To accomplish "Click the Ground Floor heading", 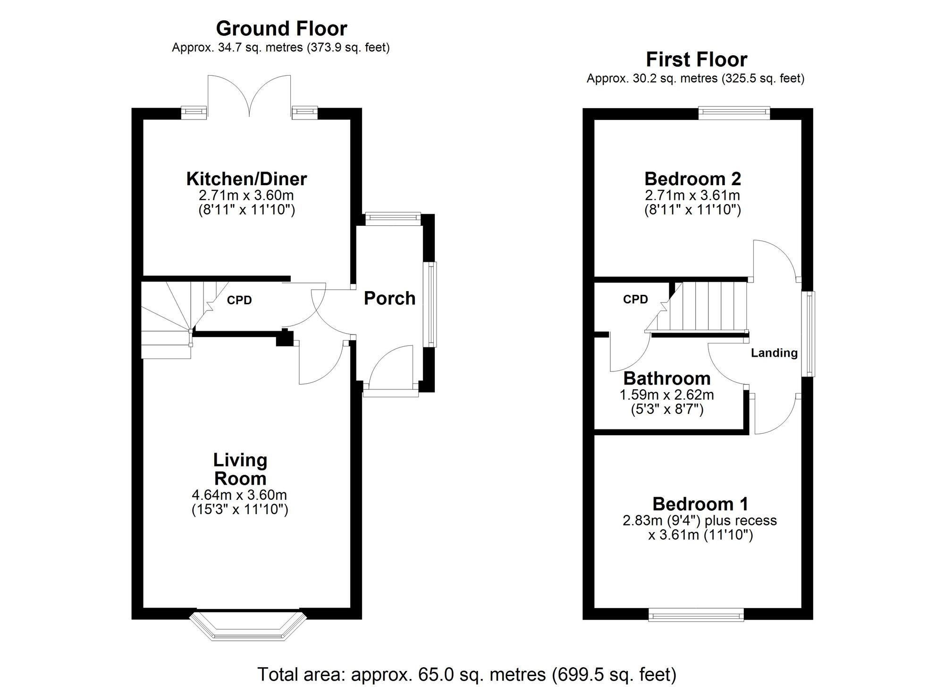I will click(x=281, y=29).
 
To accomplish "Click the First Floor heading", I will click(x=696, y=60).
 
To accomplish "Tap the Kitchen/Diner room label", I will click(x=246, y=179).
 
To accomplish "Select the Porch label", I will click(x=389, y=299).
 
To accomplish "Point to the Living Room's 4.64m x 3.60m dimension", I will click(x=239, y=495).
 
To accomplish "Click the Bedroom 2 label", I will click(x=692, y=179).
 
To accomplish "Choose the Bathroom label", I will click(x=666, y=379).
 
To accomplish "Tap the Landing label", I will click(x=774, y=353).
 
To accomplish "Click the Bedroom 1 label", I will click(x=700, y=504).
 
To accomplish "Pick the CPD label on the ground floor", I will click(x=239, y=301).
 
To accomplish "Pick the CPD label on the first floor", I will click(x=635, y=300).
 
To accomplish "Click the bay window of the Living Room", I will click(x=248, y=627).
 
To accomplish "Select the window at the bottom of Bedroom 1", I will click(x=696, y=615).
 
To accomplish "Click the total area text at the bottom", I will click(x=466, y=674).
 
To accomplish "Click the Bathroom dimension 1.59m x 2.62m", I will click(x=666, y=395).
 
